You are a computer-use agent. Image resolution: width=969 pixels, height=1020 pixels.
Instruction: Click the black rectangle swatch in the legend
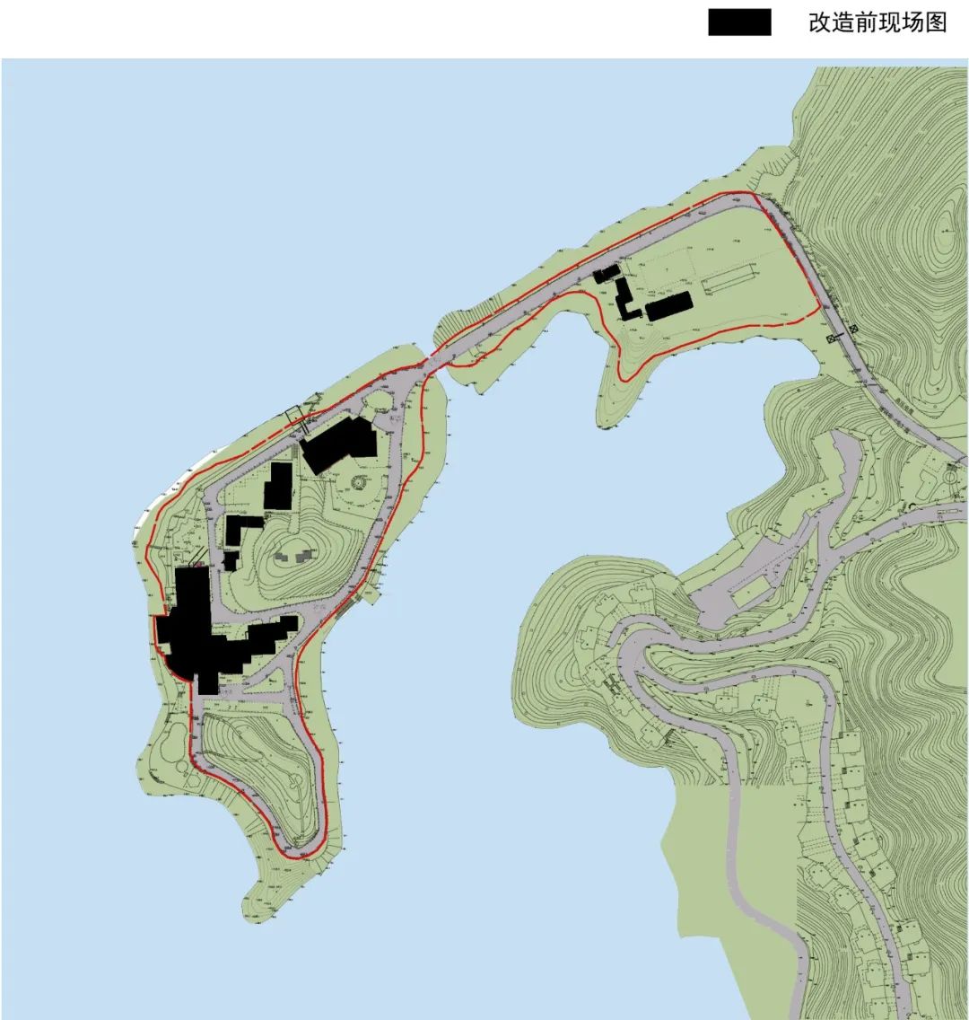[x=739, y=22]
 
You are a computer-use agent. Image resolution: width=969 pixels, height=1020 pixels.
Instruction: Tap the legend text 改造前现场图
[x=877, y=22]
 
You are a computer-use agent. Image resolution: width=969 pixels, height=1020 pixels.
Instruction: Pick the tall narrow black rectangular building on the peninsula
[x=278, y=486]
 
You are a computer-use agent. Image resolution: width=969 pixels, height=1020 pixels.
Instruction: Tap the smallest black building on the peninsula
[x=231, y=560]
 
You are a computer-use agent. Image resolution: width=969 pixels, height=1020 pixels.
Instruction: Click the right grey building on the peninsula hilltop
[x=302, y=557]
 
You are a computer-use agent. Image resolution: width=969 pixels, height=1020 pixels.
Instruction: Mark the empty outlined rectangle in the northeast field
[x=728, y=282]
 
